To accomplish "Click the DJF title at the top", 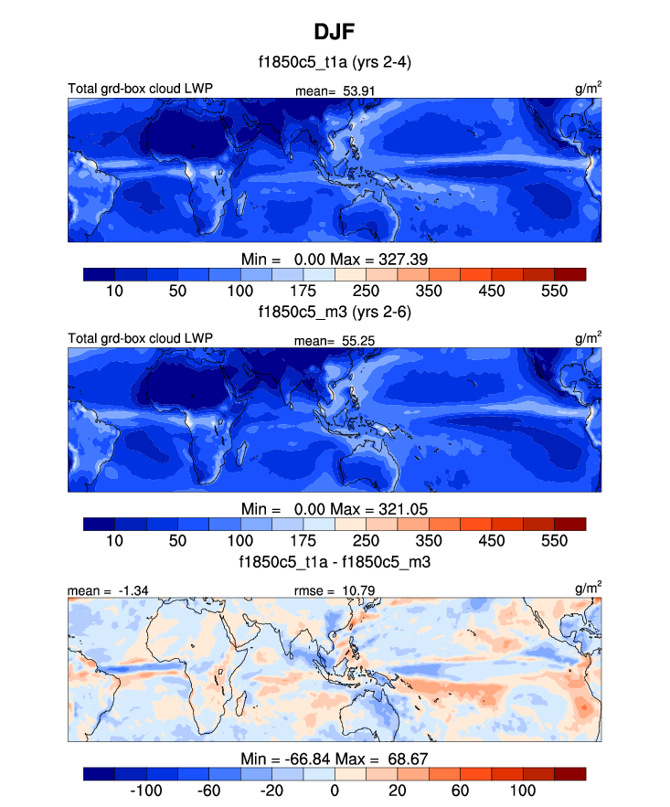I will [x=334, y=32].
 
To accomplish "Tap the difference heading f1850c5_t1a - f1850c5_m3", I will [x=334, y=560].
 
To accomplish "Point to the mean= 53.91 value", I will [x=335, y=90].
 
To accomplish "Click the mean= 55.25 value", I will [x=335, y=339].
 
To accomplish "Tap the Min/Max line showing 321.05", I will [x=334, y=507].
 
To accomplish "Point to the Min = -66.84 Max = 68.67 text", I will [x=334, y=758].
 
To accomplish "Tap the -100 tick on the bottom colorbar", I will [x=146, y=789].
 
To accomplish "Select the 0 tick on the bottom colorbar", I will [x=334, y=789].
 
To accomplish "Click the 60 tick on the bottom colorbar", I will [x=460, y=789].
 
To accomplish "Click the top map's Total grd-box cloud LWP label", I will [x=140, y=89].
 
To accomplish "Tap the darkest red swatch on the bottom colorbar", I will [x=569, y=773].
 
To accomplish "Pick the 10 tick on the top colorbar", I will [x=114, y=291].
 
